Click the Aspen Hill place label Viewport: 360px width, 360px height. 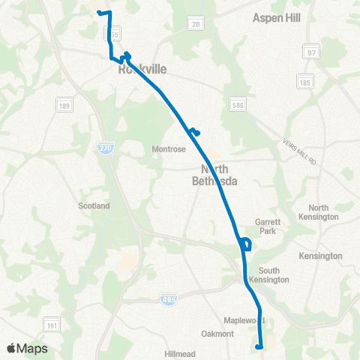pyautogui.click(x=276, y=16)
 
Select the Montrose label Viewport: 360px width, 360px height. pyautogui.click(x=169, y=149)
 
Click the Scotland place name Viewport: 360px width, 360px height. pyautogui.click(x=94, y=205)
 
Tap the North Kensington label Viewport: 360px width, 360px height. pyautogui.click(x=323, y=212)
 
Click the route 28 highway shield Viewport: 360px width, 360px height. pyautogui.click(x=195, y=25)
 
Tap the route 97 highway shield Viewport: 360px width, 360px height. pyautogui.click(x=311, y=52)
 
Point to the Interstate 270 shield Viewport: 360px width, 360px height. pyautogui.click(x=106, y=149)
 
